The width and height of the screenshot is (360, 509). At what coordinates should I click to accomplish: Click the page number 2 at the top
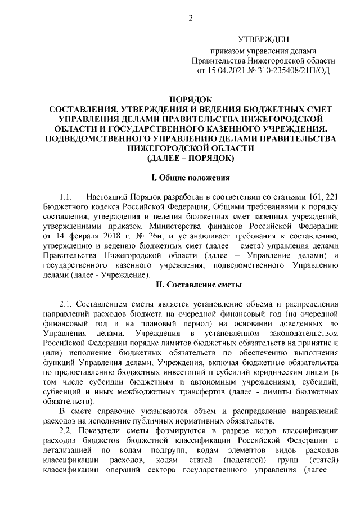pos(191,18)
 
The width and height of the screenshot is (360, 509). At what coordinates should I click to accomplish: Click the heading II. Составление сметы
pos(190,285)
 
